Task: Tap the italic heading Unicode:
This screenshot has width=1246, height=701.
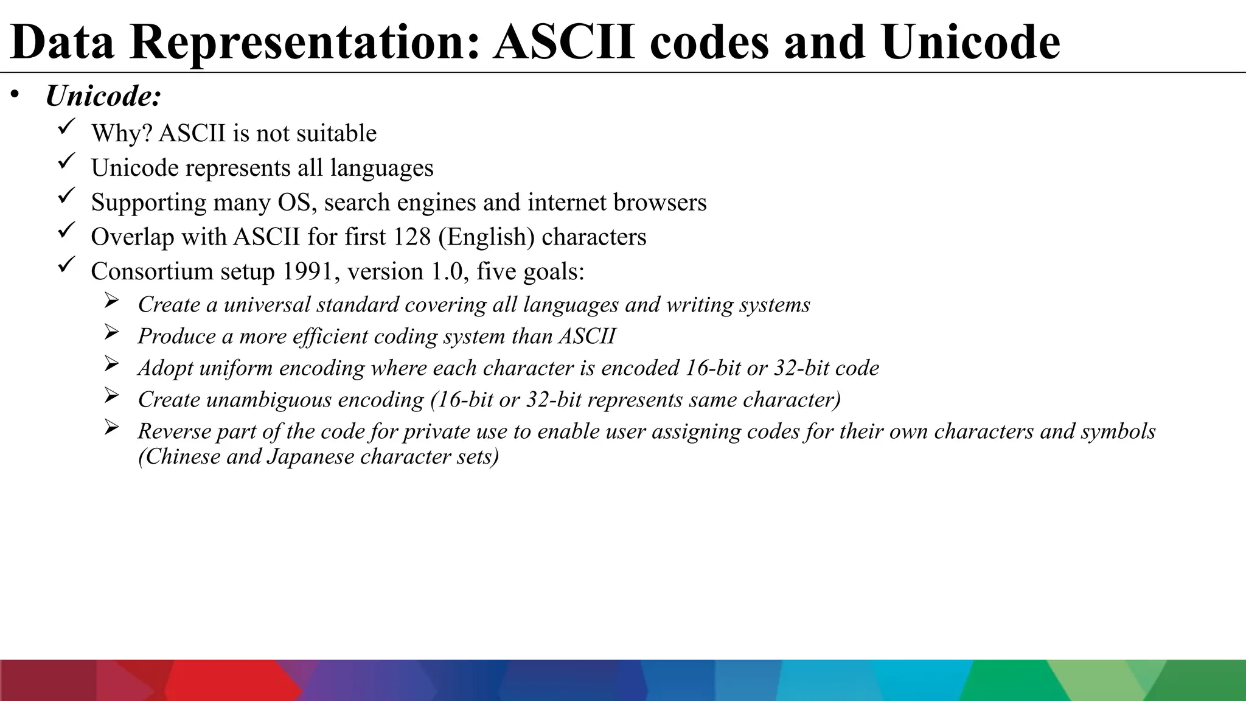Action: pos(103,96)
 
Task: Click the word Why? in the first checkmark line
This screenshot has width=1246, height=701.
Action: pos(122,134)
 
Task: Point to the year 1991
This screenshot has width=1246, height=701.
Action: pos(310,271)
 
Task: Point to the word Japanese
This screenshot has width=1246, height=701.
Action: pos(310,456)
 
